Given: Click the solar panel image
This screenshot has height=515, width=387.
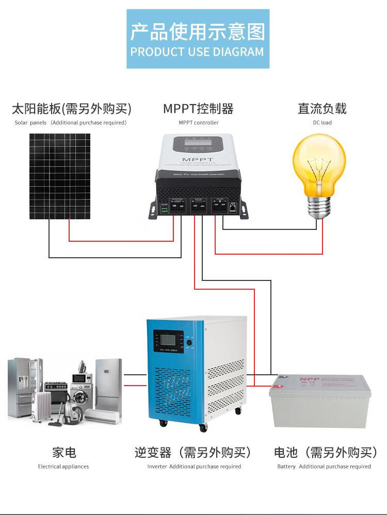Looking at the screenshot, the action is (x=59, y=176).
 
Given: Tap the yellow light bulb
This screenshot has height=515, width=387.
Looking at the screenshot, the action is (x=319, y=164).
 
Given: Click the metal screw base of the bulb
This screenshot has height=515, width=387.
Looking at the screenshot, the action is (x=319, y=207).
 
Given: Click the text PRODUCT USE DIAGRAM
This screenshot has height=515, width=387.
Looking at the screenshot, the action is (x=197, y=52).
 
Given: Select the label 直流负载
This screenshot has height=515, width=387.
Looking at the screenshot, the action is (x=322, y=109).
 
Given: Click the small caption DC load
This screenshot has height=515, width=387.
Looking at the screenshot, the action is (x=322, y=123).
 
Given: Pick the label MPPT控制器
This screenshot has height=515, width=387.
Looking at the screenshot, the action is (x=199, y=109).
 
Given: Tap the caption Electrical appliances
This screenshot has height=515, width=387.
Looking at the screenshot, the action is (x=63, y=467).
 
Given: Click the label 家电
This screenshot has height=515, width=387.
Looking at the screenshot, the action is (x=64, y=453).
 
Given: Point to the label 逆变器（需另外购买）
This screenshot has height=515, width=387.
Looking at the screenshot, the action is (x=194, y=453).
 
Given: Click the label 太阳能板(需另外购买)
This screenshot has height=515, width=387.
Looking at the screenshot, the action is (x=72, y=109).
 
